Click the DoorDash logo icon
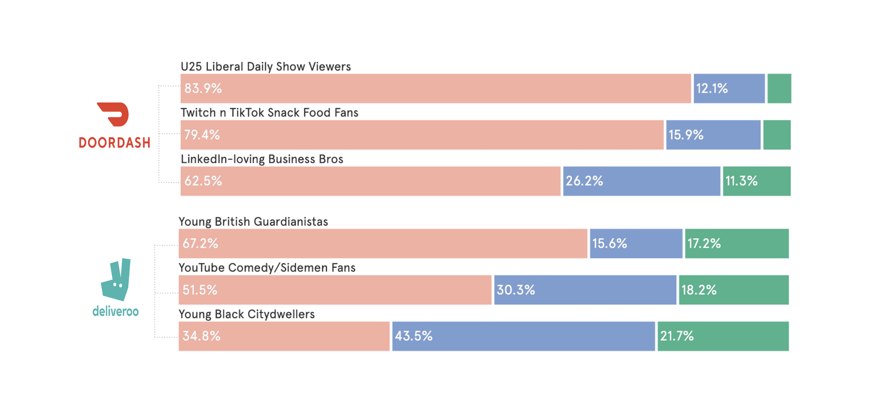(x=114, y=114)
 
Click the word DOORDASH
(x=114, y=143)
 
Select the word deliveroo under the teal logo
(x=116, y=311)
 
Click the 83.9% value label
(x=203, y=89)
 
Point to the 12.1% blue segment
(x=729, y=89)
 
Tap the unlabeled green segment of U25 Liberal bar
(x=779, y=89)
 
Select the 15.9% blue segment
(x=713, y=135)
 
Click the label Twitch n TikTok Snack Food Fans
(x=269, y=113)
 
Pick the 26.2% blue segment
(x=641, y=181)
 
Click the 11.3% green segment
(x=756, y=181)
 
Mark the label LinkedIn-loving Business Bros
(x=262, y=159)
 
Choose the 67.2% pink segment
(x=383, y=244)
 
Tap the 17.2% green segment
(x=736, y=244)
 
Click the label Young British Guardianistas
(x=253, y=222)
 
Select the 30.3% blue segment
(x=585, y=290)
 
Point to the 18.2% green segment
(x=733, y=290)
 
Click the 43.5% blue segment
(x=523, y=336)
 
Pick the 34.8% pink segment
(x=284, y=336)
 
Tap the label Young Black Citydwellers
(x=247, y=314)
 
